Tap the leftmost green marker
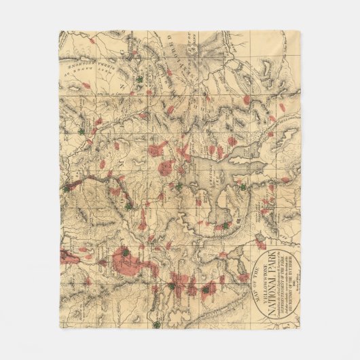pyautogui.click(x=67, y=187)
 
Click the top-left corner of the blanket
pyautogui.click(x=60, y=31)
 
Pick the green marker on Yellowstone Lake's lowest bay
pyautogui.click(x=225, y=225)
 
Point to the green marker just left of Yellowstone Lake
pyautogui.click(x=179, y=185)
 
